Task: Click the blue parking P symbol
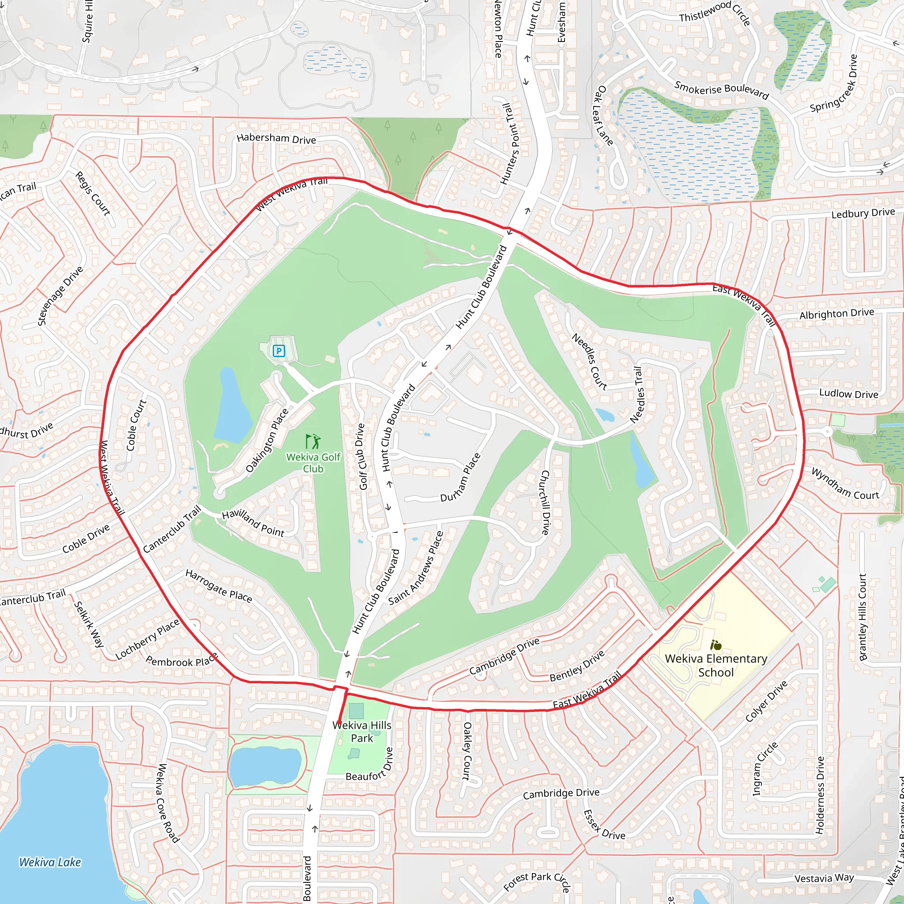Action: [x=279, y=350]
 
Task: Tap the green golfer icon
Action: [x=313, y=441]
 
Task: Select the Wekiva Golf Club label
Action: [x=313, y=463]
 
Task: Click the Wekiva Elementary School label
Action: [x=716, y=665]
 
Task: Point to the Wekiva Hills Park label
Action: [x=362, y=731]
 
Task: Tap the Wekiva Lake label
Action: [x=50, y=862]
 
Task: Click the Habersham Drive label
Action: [x=276, y=139]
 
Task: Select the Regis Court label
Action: [x=93, y=193]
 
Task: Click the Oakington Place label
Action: [x=267, y=440]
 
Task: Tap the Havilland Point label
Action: [x=252, y=523]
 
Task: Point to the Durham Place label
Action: [x=460, y=477]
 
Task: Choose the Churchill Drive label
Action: [x=545, y=502]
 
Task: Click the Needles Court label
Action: [x=590, y=361]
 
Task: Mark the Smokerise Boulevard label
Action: [x=722, y=90]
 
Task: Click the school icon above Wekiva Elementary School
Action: [x=716, y=646]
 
